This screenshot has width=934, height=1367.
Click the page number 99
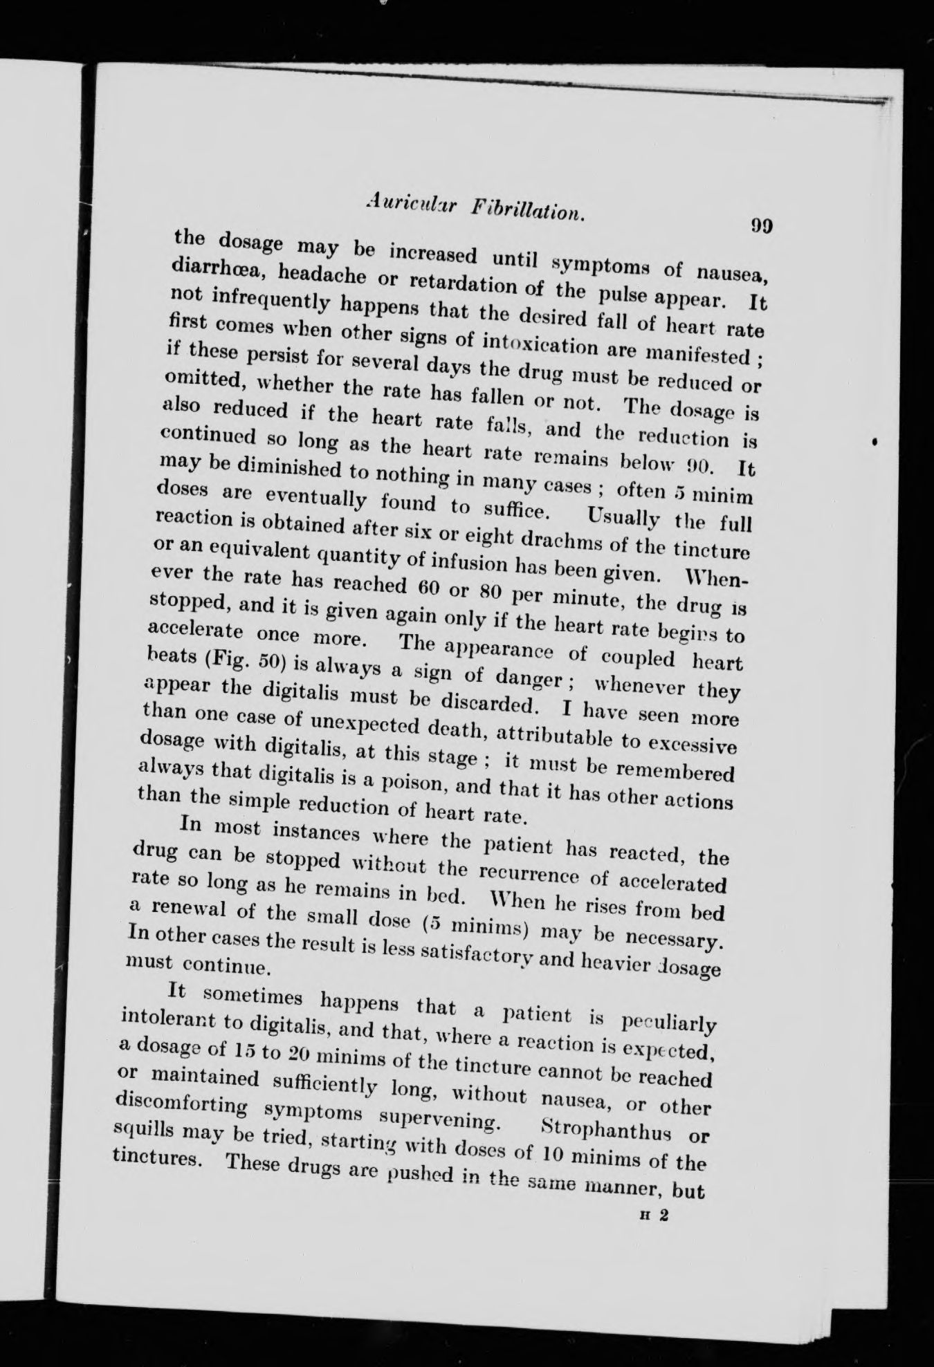coord(760,226)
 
